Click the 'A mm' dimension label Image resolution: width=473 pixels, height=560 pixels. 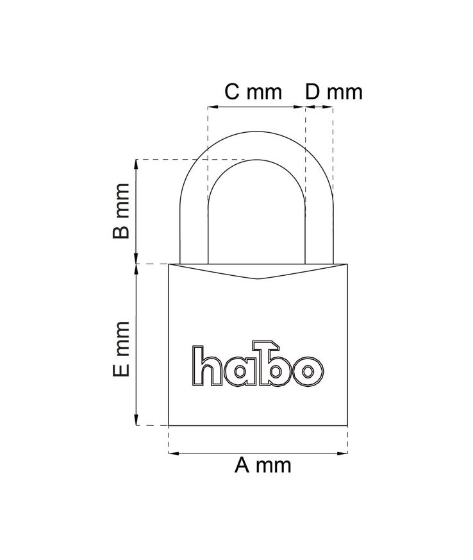tap(263, 465)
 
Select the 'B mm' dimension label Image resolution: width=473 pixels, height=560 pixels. tap(122, 211)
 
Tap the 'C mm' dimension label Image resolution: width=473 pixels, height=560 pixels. tap(253, 92)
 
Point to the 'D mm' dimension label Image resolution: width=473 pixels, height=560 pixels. tap(333, 92)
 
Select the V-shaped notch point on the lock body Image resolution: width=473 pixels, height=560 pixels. tap(258, 279)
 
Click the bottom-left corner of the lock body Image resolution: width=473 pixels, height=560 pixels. tap(169, 425)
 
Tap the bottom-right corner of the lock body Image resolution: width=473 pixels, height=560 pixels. tap(347, 425)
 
